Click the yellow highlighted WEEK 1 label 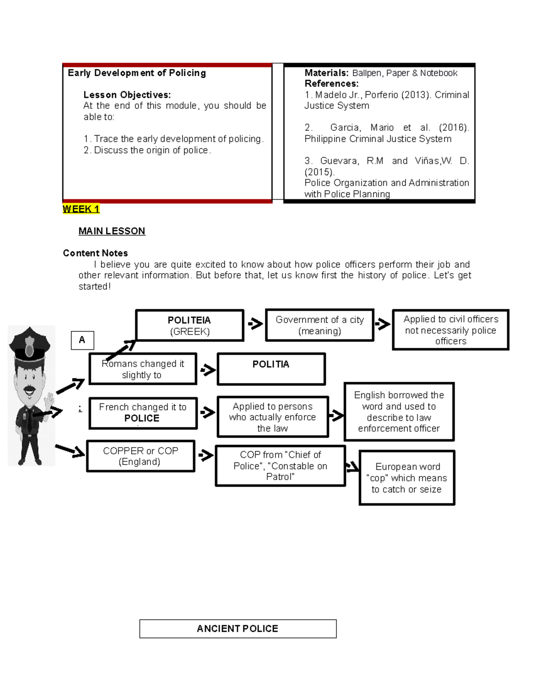pos(81,209)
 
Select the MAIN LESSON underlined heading pos(112,231)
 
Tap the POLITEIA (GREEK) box pos(190,326)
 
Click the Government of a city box pos(320,325)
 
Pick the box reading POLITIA pos(271,369)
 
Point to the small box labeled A pos(82,340)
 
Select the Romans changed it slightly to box pos(143,369)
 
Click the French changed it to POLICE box pos(143,413)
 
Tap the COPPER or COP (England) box pos(141,456)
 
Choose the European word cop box pos(407,478)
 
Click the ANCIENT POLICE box pos(238,629)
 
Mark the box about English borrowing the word pos(399,412)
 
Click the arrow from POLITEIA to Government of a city pos(255,323)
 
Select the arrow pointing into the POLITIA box pos(208,370)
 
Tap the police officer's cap pos(30,343)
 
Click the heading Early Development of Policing pos(137,73)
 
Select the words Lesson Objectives pos(127,95)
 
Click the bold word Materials pos(326,73)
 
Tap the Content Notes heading pos(95,253)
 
